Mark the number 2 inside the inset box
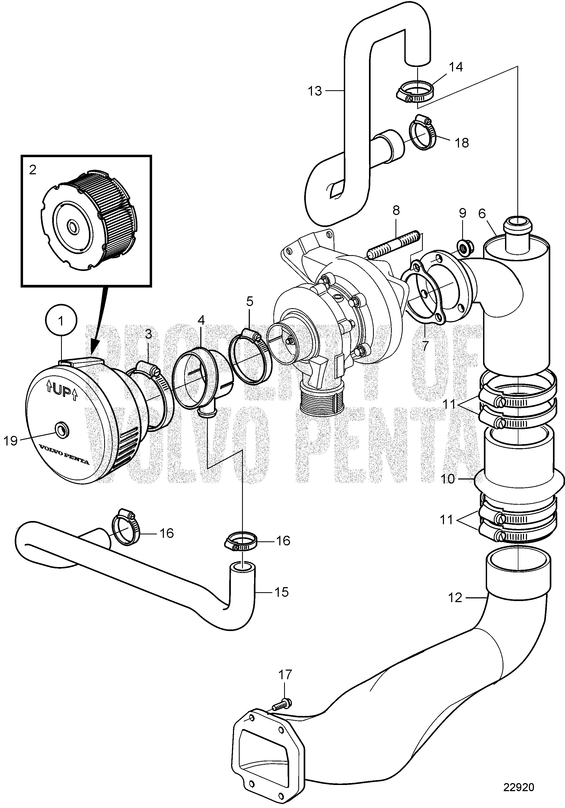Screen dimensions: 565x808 33,170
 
